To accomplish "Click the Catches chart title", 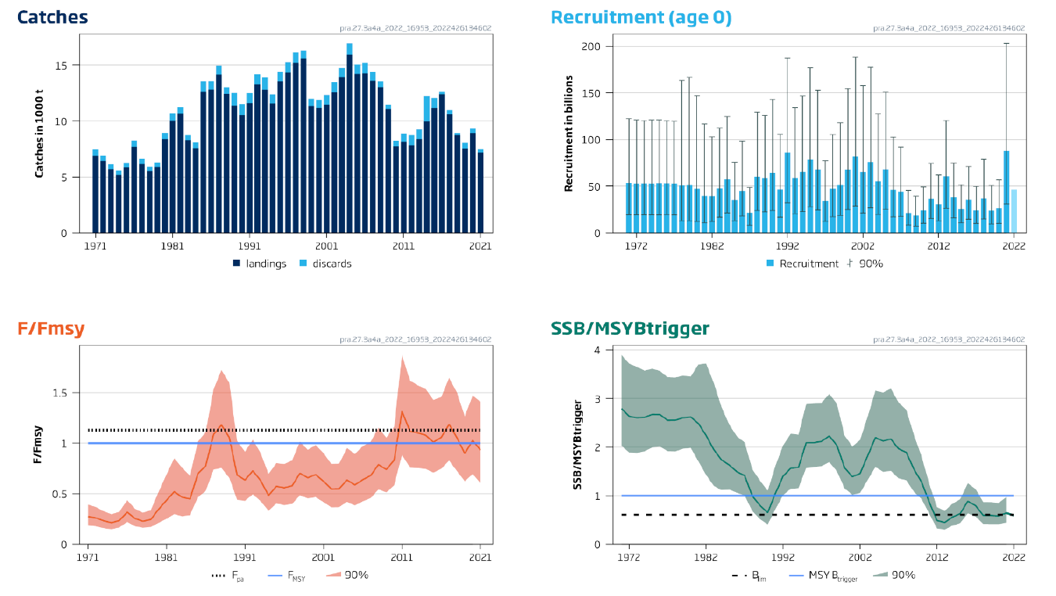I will pos(52,17).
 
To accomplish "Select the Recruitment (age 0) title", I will pos(641,17).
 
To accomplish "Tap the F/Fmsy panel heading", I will pos(51,329).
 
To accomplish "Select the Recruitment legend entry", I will pos(803,264).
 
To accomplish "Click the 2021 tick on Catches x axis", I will pos(480,245).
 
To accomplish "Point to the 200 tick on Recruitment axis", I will pos(591,47).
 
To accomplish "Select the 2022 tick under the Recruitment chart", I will pos(1014,245).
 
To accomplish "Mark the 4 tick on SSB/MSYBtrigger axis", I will pos(598,350).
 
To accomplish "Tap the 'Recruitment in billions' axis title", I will pos(569,134).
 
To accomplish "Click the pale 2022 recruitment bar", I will pos(1014,211).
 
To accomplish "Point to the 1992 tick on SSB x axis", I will pos(783,557).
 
